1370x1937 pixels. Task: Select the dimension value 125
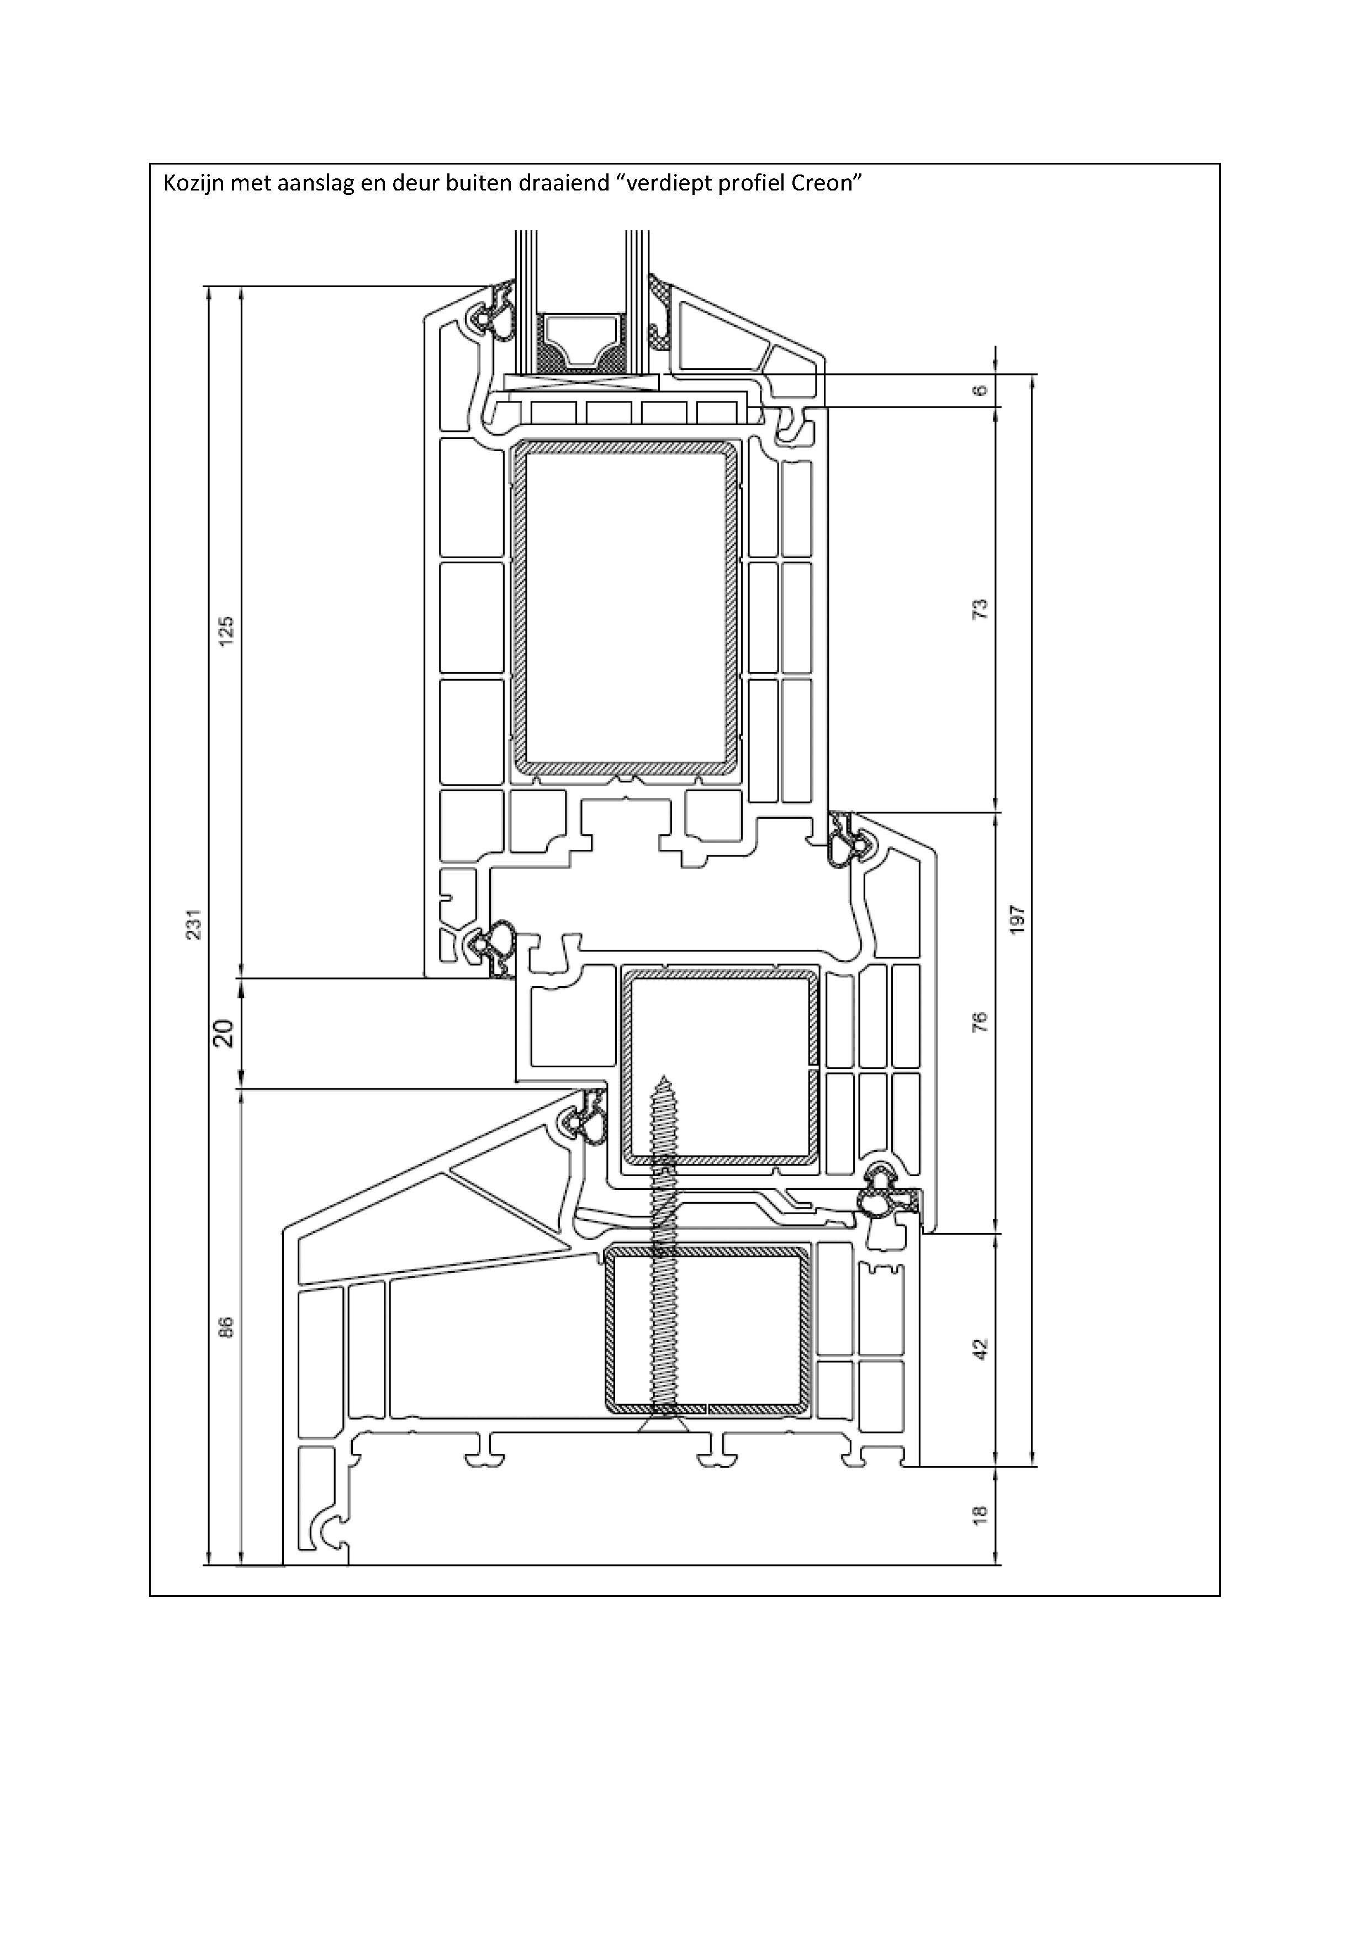[226, 631]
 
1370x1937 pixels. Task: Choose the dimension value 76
[980, 1022]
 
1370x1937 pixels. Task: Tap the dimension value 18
[980, 1515]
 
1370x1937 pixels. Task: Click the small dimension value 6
[980, 390]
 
